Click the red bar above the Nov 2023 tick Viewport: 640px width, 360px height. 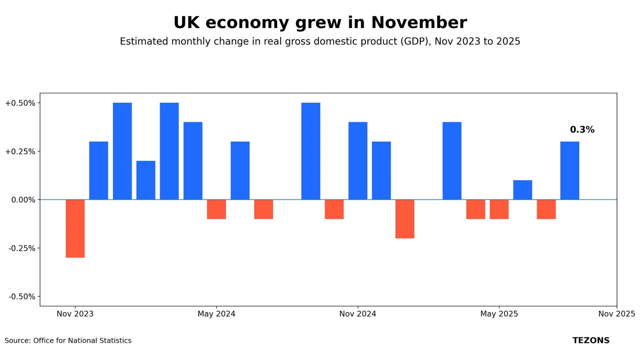[x=75, y=228]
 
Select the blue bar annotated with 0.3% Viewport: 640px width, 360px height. [x=570, y=171]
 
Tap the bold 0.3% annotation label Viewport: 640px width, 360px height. [x=582, y=130]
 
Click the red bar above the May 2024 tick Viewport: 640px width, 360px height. [x=216, y=209]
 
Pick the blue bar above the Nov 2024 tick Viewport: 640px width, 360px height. [x=358, y=161]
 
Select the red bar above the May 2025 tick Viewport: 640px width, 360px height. [x=499, y=209]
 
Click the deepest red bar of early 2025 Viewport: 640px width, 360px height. [x=405, y=219]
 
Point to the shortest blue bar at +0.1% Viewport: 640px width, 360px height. [x=522, y=190]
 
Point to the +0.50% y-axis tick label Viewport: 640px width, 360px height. [x=20, y=103]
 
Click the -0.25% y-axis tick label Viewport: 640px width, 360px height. [x=22, y=248]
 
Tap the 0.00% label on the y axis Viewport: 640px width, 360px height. [x=23, y=200]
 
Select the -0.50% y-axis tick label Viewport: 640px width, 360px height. [x=22, y=297]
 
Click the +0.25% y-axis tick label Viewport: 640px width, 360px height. [x=20, y=152]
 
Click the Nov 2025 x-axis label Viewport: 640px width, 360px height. [x=616, y=314]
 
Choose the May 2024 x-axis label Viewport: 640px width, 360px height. [x=216, y=314]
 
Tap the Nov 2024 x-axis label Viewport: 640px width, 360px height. [x=358, y=314]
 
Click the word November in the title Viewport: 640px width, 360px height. [x=419, y=23]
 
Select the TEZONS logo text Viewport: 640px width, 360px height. [x=591, y=340]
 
